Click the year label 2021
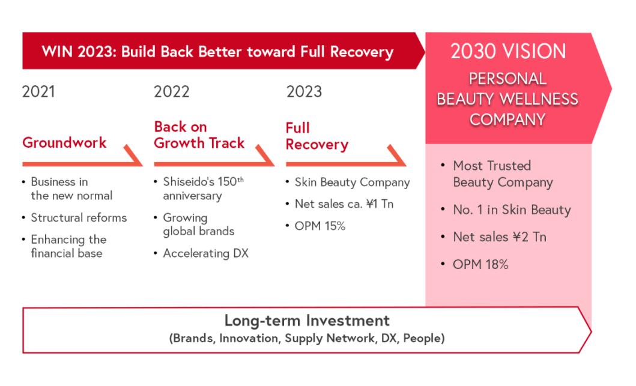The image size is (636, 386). (x=38, y=92)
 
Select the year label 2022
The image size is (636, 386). (x=172, y=92)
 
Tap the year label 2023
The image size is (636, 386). (x=304, y=92)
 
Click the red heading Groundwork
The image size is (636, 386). (x=64, y=143)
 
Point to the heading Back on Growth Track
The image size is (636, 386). (x=199, y=135)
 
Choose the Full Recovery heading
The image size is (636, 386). (x=317, y=136)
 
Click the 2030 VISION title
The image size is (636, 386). (x=508, y=52)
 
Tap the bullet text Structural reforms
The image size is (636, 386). (x=79, y=218)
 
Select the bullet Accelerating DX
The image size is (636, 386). (x=205, y=253)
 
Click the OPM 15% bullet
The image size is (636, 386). (x=320, y=226)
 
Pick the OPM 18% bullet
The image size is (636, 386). (x=480, y=264)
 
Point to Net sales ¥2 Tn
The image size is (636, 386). (x=500, y=237)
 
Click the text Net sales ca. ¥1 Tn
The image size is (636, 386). (x=344, y=204)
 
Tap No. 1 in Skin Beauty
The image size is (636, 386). (x=512, y=210)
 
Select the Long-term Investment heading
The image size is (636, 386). (x=307, y=321)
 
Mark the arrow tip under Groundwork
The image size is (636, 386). (x=142, y=165)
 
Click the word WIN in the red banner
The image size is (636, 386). (x=57, y=52)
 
